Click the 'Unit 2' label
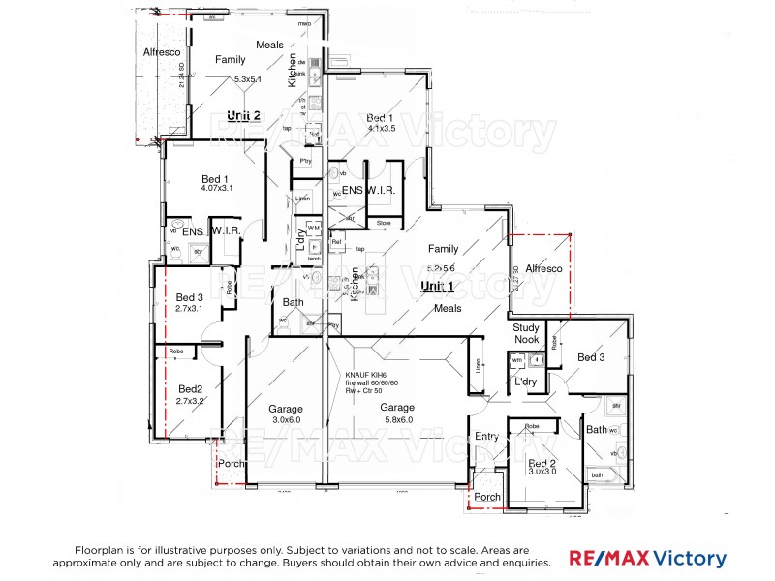pos(244,115)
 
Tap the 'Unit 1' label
pos(438,287)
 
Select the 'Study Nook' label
pos(526,334)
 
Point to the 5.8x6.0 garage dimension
pos(397,420)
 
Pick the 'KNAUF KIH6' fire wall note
pos(365,375)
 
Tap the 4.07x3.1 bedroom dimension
pos(214,188)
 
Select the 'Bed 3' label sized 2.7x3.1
pos(190,297)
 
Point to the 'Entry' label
pos(486,437)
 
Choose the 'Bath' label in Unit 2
pos(293,303)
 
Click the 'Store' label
pos(384,224)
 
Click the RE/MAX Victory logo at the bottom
pos(647,559)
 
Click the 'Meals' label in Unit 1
pos(448,309)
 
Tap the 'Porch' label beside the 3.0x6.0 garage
pos(232,464)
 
